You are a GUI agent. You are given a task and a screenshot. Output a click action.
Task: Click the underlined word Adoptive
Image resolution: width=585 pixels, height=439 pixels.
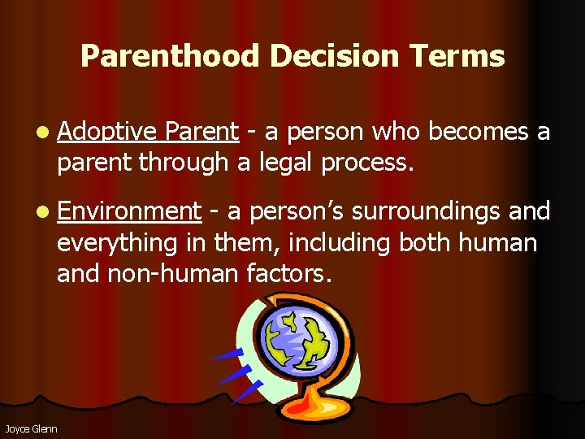107,132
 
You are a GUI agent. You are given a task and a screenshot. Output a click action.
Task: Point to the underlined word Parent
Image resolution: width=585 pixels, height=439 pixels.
201,132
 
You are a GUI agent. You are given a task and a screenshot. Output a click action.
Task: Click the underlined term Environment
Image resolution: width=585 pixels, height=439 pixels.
129,211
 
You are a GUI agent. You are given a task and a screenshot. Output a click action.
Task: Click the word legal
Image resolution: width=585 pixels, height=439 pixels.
286,163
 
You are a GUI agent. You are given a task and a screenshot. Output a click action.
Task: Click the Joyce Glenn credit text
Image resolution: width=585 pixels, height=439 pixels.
31,428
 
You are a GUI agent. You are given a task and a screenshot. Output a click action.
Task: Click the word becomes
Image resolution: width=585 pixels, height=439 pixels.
479,132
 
